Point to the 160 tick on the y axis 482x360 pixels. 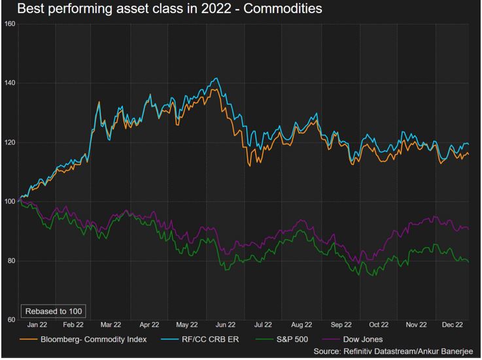[x=10, y=24]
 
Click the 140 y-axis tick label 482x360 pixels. [x=10, y=83]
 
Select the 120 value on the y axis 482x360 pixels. [x=10, y=142]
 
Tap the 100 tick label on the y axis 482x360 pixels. [x=10, y=201]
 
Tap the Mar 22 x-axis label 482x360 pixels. [x=111, y=325]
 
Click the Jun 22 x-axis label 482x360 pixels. [x=226, y=325]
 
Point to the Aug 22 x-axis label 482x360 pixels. [x=301, y=325]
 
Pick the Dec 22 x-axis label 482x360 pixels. [x=453, y=325]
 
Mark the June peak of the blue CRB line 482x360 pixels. [x=216, y=78]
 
